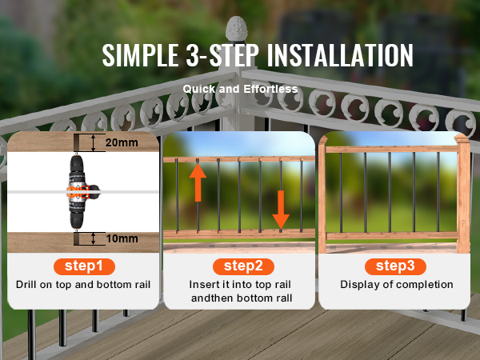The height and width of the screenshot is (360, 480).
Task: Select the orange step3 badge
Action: click(x=395, y=266)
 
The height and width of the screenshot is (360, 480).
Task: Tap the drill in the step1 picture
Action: click(x=78, y=193)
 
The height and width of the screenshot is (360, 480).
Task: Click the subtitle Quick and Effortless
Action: click(x=240, y=89)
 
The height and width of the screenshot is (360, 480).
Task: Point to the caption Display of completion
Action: click(x=396, y=285)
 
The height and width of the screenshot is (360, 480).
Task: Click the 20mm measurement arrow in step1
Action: click(x=94, y=143)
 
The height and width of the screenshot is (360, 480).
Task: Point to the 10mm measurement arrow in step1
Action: click(x=94, y=238)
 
